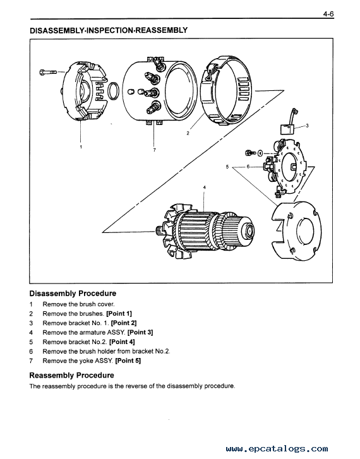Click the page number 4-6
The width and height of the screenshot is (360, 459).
pyautogui.click(x=328, y=14)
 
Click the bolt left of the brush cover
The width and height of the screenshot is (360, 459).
pyautogui.click(x=48, y=72)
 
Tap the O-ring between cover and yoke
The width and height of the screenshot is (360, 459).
pyautogui.click(x=113, y=91)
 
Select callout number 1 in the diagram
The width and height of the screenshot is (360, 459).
pyautogui.click(x=81, y=147)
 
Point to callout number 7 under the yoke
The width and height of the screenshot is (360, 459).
pyautogui.click(x=154, y=150)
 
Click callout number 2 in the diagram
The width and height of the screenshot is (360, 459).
pyautogui.click(x=188, y=133)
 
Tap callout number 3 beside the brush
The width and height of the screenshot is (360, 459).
pyautogui.click(x=307, y=126)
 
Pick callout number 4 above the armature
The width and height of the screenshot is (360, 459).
pyautogui.click(x=205, y=187)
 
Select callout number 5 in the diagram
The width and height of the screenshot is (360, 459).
pyautogui.click(x=227, y=167)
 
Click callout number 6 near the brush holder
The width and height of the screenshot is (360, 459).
pyautogui.click(x=248, y=167)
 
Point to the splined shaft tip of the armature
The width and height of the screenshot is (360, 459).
pyautogui.click(x=160, y=231)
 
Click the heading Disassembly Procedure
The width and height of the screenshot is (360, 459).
pyautogui.click(x=73, y=294)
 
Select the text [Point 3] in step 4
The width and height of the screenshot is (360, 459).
pyautogui.click(x=140, y=332)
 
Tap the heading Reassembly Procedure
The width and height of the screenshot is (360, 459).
pyautogui.click(x=72, y=375)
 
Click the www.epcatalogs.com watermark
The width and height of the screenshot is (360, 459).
pyautogui.click(x=277, y=449)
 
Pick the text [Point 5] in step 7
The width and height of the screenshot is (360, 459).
pyautogui.click(x=128, y=361)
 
